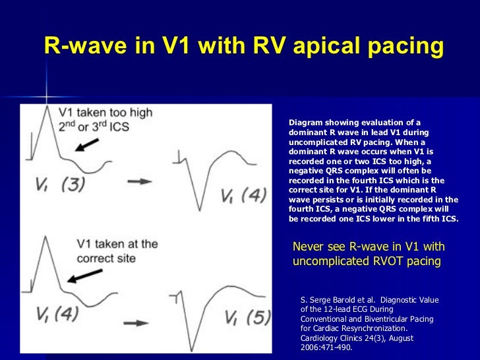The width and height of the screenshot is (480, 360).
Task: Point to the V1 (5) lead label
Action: (247, 318)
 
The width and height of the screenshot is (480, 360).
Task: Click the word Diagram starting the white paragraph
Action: (307, 123)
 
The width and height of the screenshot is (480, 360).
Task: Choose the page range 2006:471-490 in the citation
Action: (326, 347)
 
